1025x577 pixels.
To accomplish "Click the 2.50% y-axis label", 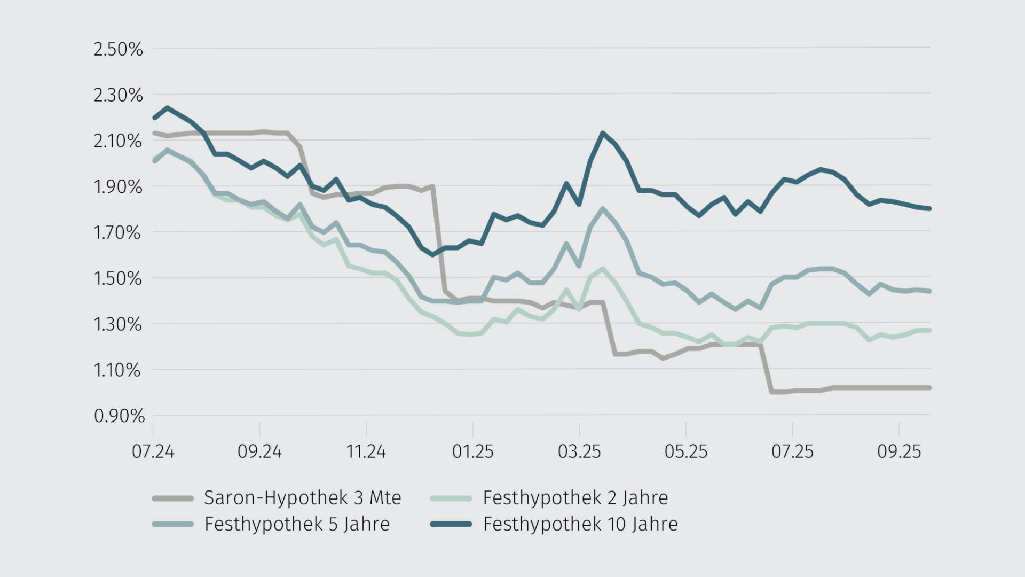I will coord(118,49).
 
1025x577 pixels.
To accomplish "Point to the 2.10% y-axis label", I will coord(118,141).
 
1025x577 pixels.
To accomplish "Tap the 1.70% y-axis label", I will coord(118,232).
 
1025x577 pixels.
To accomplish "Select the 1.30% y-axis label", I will coord(118,324).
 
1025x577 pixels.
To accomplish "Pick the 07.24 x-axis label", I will coord(153,451).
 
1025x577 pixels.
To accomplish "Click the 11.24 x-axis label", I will coord(366,451).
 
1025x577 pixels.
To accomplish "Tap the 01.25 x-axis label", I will coord(472,451).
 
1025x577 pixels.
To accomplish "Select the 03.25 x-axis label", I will coord(579,451).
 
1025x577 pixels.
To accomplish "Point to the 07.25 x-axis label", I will coord(792,451).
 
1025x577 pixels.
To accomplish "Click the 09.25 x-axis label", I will coord(899,451).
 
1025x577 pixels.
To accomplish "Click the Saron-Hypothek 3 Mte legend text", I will coord(302,498).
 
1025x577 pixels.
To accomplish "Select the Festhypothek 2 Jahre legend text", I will coord(575,498).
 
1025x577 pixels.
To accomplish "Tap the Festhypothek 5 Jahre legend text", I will coord(297,524).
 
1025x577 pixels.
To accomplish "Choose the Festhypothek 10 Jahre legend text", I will coord(580,524).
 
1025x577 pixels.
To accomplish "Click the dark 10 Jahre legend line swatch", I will coord(451,524).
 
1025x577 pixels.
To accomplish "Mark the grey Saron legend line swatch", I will coord(172,498).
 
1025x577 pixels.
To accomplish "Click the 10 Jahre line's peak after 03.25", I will coord(603,133).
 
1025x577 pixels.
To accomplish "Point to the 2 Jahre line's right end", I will coord(929,331).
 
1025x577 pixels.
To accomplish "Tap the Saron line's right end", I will coord(929,388).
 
